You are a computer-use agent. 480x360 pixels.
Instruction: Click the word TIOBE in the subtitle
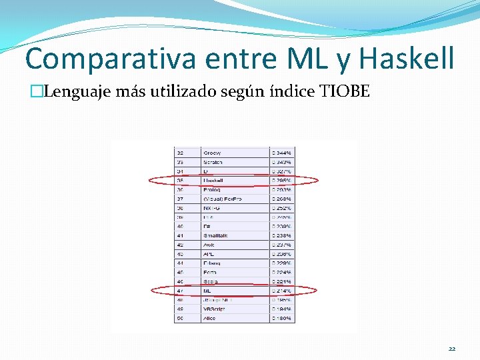[344, 91]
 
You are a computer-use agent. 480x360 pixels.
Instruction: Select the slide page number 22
[453, 349]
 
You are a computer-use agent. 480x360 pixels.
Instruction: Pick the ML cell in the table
[208, 291]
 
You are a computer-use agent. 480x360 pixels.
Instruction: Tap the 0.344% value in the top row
[281, 153]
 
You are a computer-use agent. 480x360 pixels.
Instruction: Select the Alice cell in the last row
[210, 318]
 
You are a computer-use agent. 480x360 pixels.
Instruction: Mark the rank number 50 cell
[180, 318]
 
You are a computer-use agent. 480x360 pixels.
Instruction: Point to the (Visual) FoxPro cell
[223, 198]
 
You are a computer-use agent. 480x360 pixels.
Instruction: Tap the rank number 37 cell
[180, 198]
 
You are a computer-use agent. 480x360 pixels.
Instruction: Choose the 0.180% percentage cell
[281, 318]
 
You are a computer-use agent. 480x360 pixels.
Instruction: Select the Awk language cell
[209, 245]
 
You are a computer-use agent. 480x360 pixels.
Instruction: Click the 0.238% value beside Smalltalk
[281, 235]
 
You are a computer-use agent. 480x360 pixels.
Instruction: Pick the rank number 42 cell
[180, 245]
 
